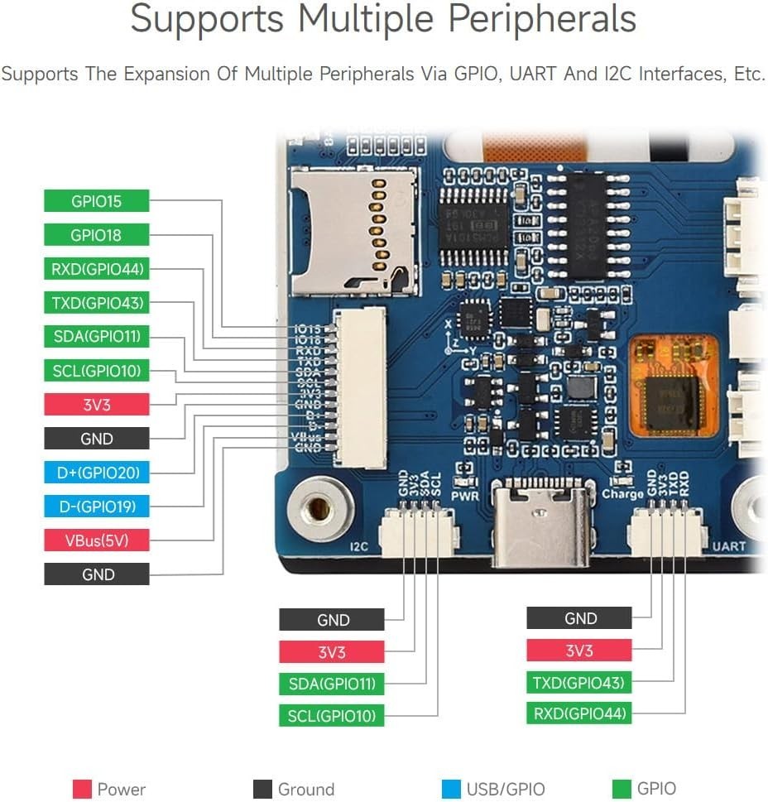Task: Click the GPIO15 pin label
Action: coord(96,201)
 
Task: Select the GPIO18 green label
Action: coord(96,235)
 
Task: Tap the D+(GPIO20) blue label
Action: coord(96,473)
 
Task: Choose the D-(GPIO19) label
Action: coord(96,507)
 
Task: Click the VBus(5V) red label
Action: coord(96,540)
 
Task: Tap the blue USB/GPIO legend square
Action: coord(451,789)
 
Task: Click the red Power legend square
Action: coord(81,789)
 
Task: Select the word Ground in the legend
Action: coord(305,790)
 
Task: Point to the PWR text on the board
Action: coord(464,497)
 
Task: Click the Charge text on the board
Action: coord(622,495)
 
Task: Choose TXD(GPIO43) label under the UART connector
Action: coord(578,684)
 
